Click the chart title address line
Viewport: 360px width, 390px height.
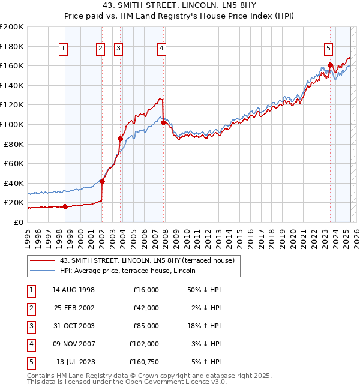(x=180, y=6)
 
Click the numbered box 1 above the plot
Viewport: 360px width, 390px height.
(x=64, y=49)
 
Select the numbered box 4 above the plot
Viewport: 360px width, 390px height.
(x=162, y=49)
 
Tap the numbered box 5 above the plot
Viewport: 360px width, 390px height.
(x=329, y=49)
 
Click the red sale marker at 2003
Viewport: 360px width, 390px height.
(x=121, y=139)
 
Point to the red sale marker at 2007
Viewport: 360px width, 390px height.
(x=163, y=122)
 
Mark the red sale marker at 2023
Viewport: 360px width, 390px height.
(x=331, y=65)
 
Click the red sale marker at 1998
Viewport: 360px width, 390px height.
(x=65, y=206)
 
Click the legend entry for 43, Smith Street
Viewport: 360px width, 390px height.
(x=150, y=260)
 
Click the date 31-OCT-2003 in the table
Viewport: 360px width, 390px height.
(x=74, y=326)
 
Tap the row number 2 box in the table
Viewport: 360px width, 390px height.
(x=29, y=308)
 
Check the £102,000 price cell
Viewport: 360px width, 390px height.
(x=144, y=344)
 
